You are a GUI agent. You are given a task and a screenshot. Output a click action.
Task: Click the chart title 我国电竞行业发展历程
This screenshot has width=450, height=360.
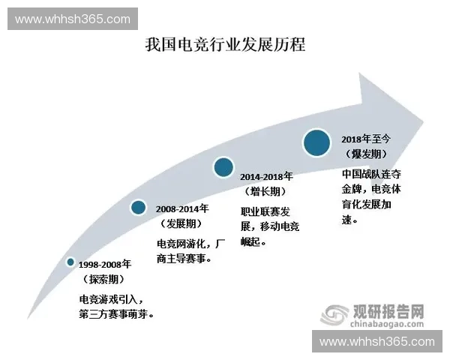(225, 44)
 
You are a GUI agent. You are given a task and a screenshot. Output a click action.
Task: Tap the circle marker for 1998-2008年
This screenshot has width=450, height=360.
(70, 262)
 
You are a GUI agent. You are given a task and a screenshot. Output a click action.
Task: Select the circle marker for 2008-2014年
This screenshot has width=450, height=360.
(138, 207)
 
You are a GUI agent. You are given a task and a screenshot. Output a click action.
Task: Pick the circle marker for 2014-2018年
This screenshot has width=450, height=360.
(223, 167)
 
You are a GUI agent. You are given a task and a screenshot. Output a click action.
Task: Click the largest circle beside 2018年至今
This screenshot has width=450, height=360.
(317, 142)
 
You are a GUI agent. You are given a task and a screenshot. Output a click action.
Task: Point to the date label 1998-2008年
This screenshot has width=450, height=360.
(106, 265)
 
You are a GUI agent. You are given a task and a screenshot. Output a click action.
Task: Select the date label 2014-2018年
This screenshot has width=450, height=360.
(268, 177)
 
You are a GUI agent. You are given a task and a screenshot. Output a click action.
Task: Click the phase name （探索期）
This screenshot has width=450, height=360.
(106, 279)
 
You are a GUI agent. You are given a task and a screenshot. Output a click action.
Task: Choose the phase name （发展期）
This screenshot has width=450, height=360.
(183, 224)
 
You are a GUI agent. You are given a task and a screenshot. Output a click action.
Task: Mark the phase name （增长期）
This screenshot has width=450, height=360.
(267, 191)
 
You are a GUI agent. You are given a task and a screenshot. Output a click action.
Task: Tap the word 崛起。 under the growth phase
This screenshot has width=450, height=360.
(253, 243)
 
